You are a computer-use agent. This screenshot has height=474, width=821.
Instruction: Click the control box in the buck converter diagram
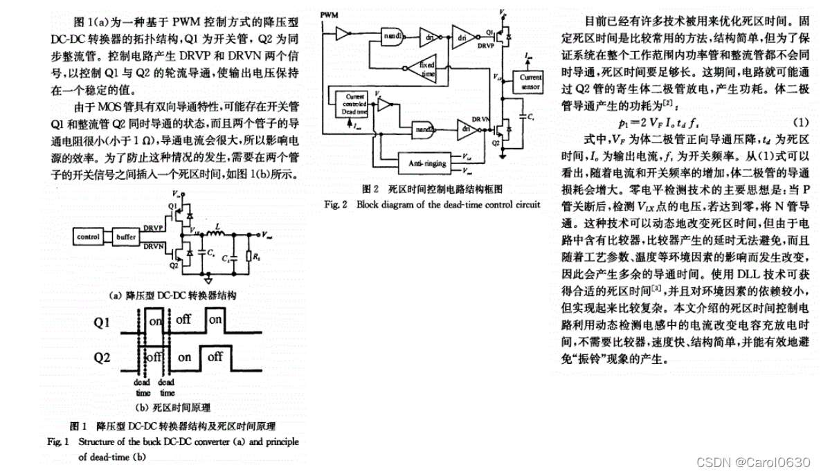(x=89, y=236)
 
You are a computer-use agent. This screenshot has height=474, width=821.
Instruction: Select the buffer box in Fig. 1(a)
(x=126, y=236)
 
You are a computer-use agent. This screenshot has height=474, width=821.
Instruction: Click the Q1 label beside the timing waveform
(x=102, y=322)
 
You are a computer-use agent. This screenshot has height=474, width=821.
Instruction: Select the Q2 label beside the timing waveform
(x=102, y=358)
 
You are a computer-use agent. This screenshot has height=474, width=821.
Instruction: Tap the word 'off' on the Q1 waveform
(x=183, y=321)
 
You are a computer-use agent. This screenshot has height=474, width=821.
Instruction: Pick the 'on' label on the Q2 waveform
(x=184, y=357)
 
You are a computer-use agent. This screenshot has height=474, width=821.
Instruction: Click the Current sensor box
(x=530, y=82)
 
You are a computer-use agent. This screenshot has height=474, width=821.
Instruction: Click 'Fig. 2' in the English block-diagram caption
(x=335, y=204)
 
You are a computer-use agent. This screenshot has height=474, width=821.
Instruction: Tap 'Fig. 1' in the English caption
(x=58, y=441)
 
